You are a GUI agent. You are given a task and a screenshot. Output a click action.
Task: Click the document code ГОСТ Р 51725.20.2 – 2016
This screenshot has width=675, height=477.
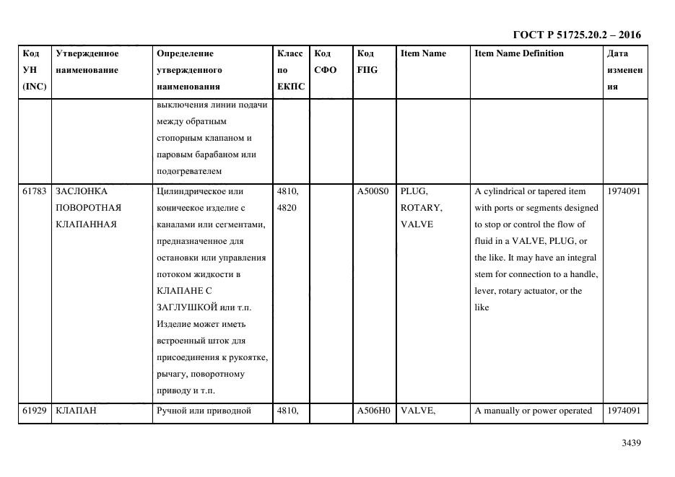tap(576, 35)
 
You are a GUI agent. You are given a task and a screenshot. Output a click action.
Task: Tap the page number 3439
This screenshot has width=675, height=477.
tap(631, 443)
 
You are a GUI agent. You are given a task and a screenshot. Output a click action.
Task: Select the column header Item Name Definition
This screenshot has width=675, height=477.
tap(519, 53)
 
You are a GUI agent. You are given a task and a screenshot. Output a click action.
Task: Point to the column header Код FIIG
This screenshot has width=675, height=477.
tap(367, 61)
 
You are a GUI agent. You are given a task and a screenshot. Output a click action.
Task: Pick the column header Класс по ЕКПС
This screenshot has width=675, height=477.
tap(290, 70)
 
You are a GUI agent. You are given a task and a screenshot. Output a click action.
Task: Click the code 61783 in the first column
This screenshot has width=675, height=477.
tap(35, 191)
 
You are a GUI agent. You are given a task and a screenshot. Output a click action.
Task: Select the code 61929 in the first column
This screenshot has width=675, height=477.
tap(35, 411)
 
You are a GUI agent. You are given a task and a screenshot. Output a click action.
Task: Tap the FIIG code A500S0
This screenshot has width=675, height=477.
tap(373, 191)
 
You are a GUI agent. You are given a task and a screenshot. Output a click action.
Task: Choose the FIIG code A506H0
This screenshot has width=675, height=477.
tap(373, 411)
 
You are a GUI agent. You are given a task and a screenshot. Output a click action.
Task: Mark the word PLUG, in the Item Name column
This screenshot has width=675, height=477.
tap(414, 191)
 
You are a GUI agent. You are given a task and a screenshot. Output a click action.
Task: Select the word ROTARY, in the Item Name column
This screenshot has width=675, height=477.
tap(421, 208)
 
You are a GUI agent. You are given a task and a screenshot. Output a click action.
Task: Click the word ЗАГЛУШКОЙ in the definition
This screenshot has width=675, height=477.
tap(181, 308)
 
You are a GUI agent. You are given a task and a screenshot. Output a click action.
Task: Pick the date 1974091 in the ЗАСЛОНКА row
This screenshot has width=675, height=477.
tap(624, 191)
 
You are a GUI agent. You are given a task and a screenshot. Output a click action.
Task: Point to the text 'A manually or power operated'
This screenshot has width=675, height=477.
tap(533, 411)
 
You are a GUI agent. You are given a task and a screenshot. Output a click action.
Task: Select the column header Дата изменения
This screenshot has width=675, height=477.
tap(624, 70)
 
